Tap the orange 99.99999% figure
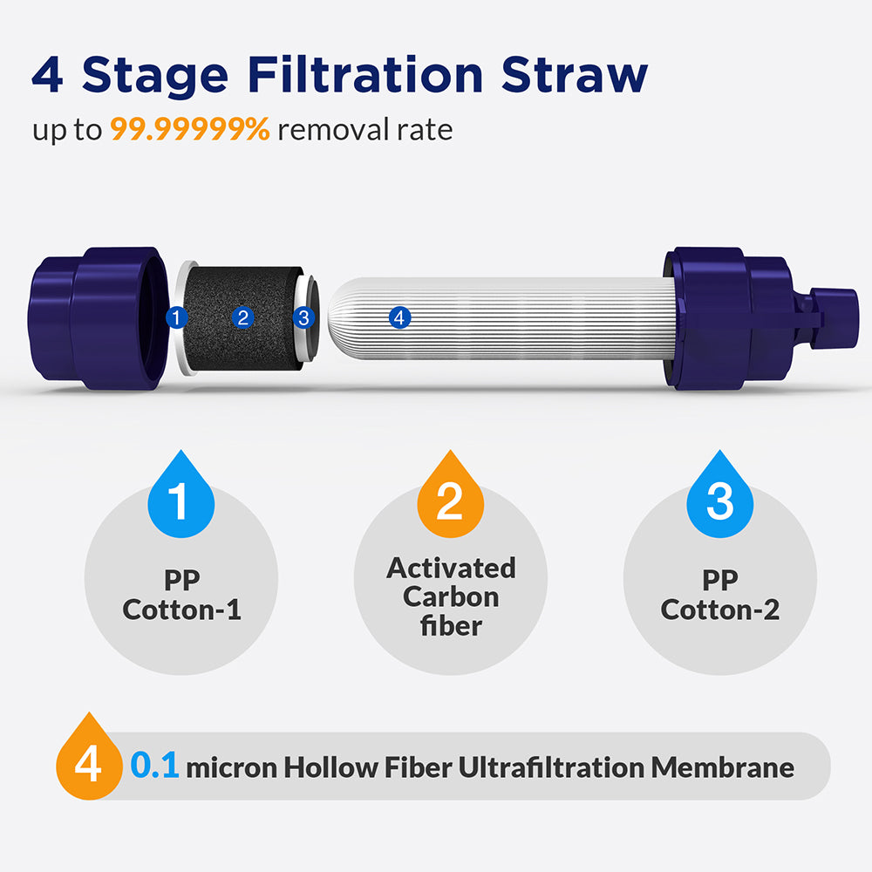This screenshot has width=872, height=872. [190, 130]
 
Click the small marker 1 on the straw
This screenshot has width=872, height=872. [177, 317]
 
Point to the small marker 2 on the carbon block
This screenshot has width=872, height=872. [243, 317]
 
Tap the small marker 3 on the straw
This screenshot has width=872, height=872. [303, 318]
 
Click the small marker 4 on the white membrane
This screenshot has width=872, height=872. [399, 318]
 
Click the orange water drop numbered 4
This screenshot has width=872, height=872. [88, 763]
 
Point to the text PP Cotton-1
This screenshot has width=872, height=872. [181, 595]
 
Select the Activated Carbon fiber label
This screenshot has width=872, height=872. [451, 596]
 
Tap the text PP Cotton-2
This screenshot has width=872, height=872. [719, 595]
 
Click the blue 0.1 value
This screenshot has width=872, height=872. [154, 767]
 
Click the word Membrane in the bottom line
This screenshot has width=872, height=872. [723, 767]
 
